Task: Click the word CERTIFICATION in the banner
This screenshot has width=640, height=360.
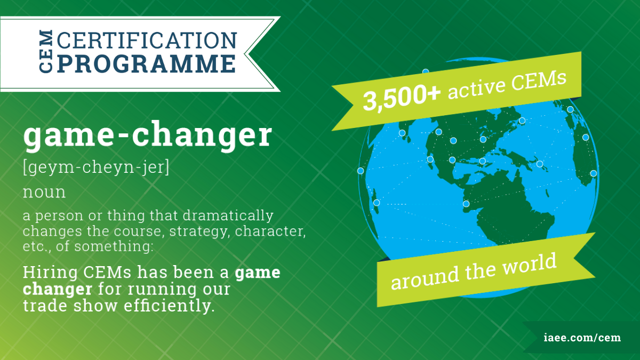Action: pos(147,41)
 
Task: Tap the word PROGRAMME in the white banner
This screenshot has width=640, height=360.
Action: pos(147,63)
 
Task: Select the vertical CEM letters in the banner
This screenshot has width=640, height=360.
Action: pos(46,51)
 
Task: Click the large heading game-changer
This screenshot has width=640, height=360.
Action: pos(147,135)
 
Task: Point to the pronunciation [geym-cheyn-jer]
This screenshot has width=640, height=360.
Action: pos(97,167)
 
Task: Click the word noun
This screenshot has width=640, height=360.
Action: pos(44,192)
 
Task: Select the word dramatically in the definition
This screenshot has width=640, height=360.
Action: pos(228,215)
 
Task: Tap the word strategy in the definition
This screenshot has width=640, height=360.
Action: pos(199,231)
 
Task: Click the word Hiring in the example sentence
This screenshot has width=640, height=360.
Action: pos(50,273)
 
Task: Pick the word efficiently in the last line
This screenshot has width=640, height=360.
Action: pos(169,306)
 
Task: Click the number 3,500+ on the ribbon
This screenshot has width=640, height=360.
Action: pos(402,98)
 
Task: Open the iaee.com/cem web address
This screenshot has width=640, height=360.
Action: pos(582,338)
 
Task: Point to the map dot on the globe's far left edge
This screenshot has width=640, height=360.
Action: pos(361,171)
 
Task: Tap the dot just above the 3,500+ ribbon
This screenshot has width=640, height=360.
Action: pos(426,71)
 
